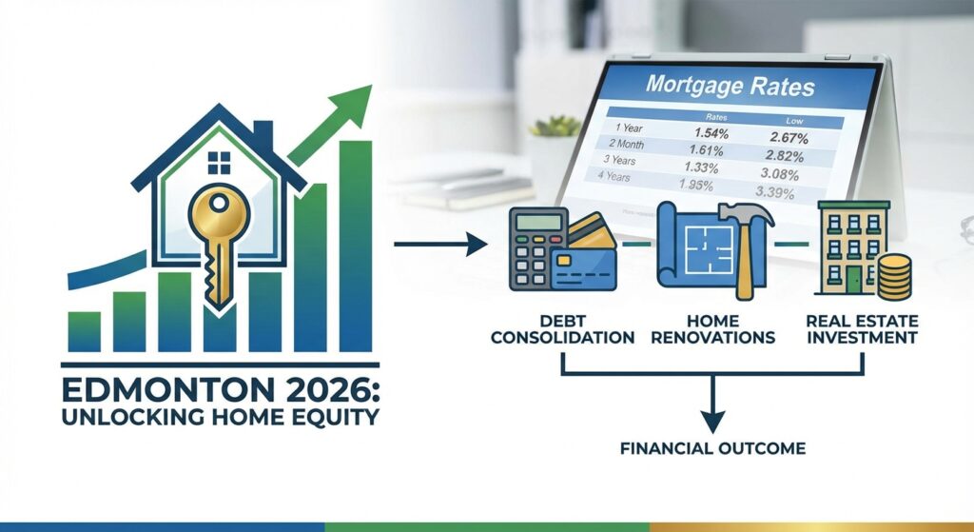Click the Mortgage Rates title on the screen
730,85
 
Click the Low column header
792,120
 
